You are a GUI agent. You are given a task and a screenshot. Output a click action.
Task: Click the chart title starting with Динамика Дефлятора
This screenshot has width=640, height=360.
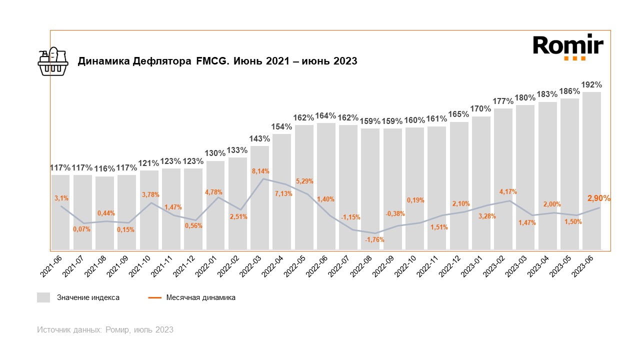[217, 61]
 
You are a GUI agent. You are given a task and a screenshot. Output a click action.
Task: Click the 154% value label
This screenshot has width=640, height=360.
[281, 126]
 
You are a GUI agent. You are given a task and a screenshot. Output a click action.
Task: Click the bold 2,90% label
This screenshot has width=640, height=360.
[598, 198]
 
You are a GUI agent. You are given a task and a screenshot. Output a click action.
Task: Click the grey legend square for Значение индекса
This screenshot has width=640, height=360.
[43, 297]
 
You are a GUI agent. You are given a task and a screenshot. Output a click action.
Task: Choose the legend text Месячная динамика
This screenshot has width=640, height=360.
[200, 297]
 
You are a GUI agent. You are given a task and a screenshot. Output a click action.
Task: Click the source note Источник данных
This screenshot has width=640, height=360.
[105, 329]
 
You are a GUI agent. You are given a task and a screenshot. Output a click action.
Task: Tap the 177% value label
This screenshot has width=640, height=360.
[503, 101]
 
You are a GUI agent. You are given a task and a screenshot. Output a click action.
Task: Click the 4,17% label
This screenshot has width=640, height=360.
[508, 191]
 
